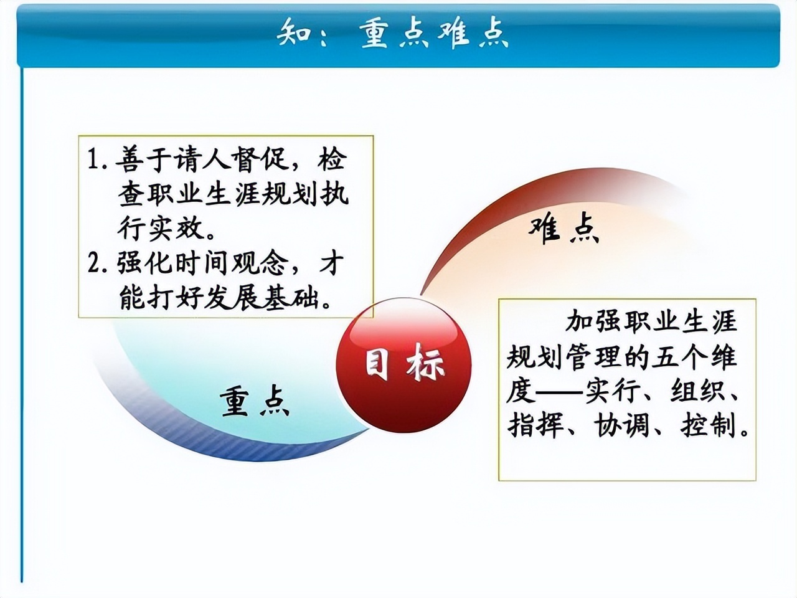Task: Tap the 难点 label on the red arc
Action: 564,229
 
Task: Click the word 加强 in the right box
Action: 587,322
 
